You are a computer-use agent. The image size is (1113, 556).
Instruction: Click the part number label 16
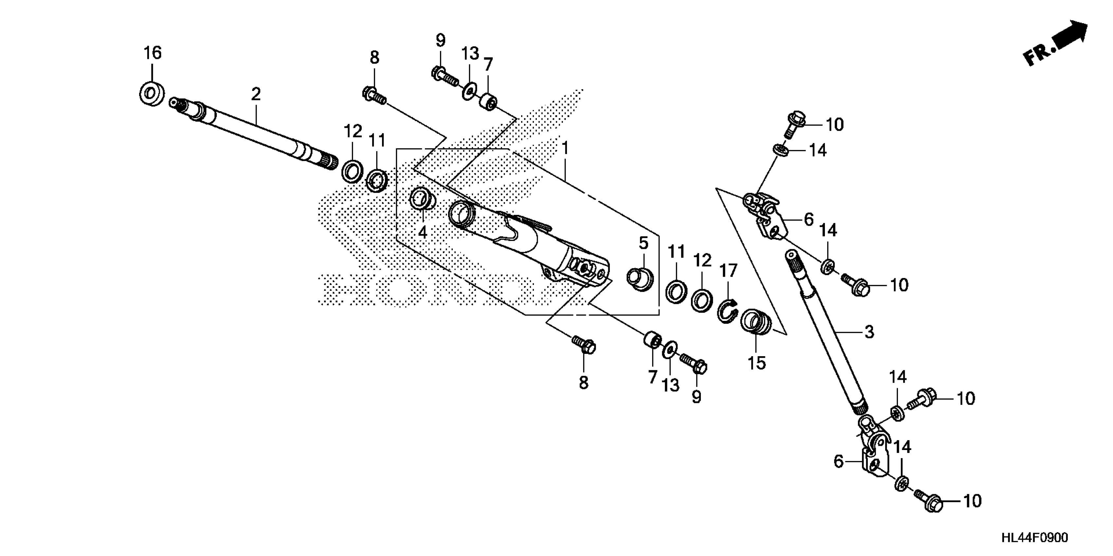(153, 53)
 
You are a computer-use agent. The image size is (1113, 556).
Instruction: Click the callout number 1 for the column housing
(564, 148)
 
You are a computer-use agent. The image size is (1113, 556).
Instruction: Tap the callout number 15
(757, 363)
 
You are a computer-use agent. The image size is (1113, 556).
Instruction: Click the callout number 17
(728, 271)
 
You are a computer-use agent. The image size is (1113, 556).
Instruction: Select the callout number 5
(643, 243)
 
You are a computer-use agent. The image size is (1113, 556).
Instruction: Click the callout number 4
(423, 232)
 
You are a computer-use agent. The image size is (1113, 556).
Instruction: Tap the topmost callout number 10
(834, 125)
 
